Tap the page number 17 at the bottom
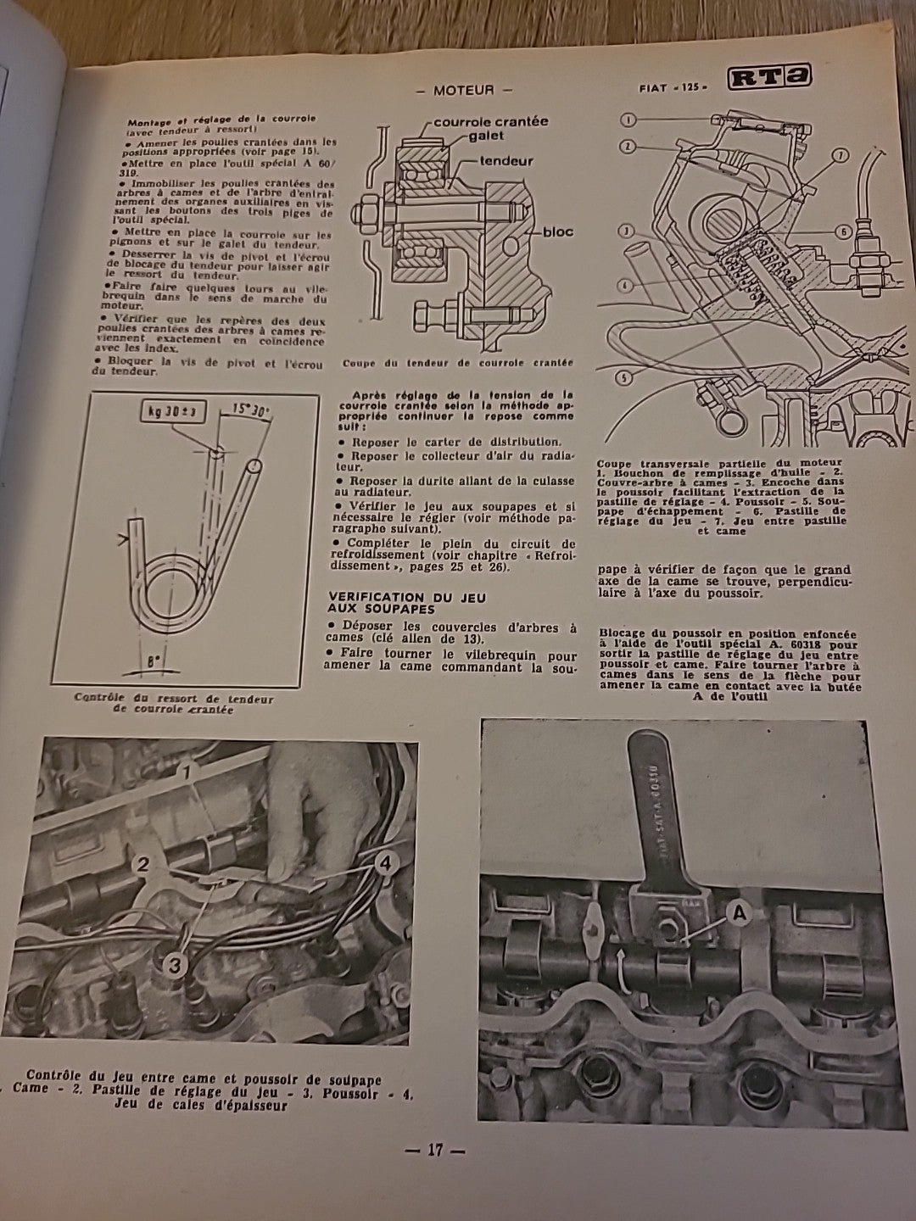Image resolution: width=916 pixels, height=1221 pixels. pos(435,1151)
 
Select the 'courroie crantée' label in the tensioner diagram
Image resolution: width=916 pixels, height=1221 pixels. pos(490,121)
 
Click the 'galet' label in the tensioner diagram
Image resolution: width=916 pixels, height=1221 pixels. pos(483,136)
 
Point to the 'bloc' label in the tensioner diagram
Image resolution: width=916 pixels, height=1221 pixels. pos(557,231)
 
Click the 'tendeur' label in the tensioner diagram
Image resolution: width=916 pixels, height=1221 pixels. pos(505,160)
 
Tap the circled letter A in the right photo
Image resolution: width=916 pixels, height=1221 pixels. pos(738,913)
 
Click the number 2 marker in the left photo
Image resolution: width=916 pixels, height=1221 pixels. pos(142,864)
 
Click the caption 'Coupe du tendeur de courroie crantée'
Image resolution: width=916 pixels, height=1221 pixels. pos(458,363)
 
